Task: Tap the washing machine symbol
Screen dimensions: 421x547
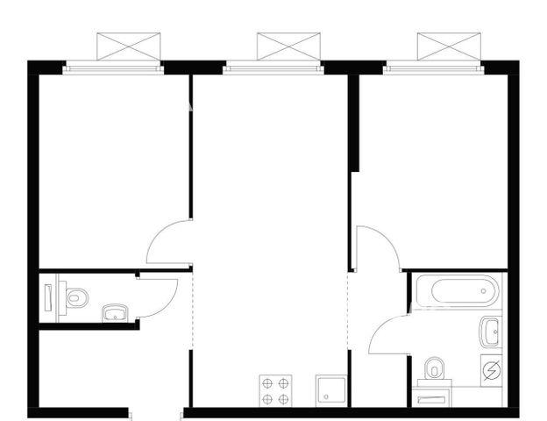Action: pyautogui.click(x=491, y=371)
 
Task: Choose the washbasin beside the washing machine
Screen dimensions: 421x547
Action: pyautogui.click(x=490, y=333)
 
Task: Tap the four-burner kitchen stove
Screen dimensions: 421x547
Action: pyautogui.click(x=275, y=390)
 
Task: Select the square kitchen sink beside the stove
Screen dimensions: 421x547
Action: pyautogui.click(x=331, y=391)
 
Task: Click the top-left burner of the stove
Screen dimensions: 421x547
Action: pyautogui.click(x=267, y=382)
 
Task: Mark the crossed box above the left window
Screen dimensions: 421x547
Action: pyautogui.click(x=129, y=46)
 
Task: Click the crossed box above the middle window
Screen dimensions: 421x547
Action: pyautogui.click(x=289, y=46)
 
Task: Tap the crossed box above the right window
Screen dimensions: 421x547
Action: pyautogui.click(x=450, y=46)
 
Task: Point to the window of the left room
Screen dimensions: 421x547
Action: pyautogui.click(x=113, y=67)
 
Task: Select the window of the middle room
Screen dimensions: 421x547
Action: pyautogui.click(x=273, y=67)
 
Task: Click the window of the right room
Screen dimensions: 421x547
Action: pyautogui.click(x=434, y=67)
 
